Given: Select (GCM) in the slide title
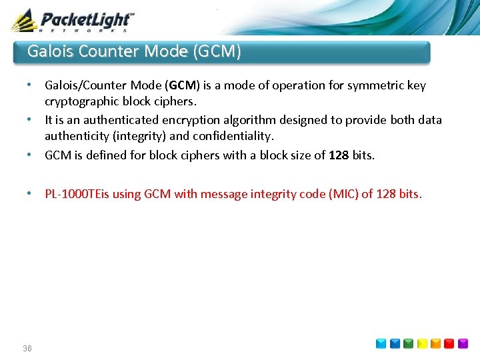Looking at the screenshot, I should (x=216, y=51).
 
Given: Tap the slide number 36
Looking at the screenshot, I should (x=27, y=349).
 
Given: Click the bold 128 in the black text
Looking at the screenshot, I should (x=339, y=155).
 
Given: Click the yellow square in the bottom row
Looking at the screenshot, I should (x=423, y=344).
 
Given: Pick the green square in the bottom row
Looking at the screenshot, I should (x=408, y=344).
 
